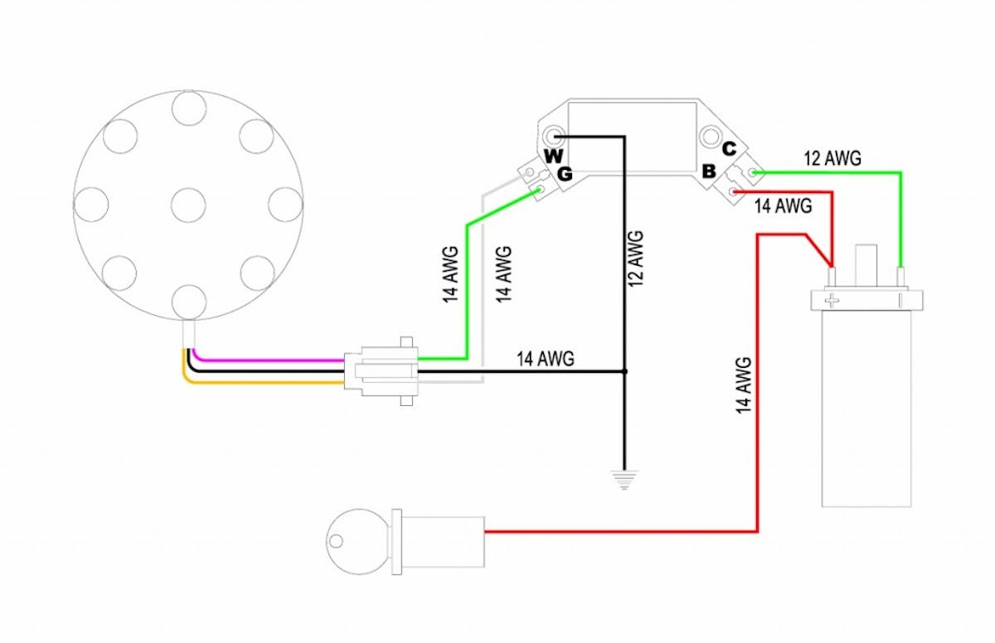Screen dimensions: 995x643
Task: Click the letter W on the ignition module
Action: coord(554,156)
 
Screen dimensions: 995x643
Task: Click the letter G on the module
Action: coord(565,174)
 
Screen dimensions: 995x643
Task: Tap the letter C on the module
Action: coord(729,149)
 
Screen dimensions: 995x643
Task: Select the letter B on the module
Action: coord(709,171)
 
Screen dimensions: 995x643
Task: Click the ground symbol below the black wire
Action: coord(624,480)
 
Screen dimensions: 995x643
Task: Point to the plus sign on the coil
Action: coord(832,302)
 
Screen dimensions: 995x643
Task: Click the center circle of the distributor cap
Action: coord(188,205)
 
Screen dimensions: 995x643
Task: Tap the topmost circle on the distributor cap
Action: coord(189,108)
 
